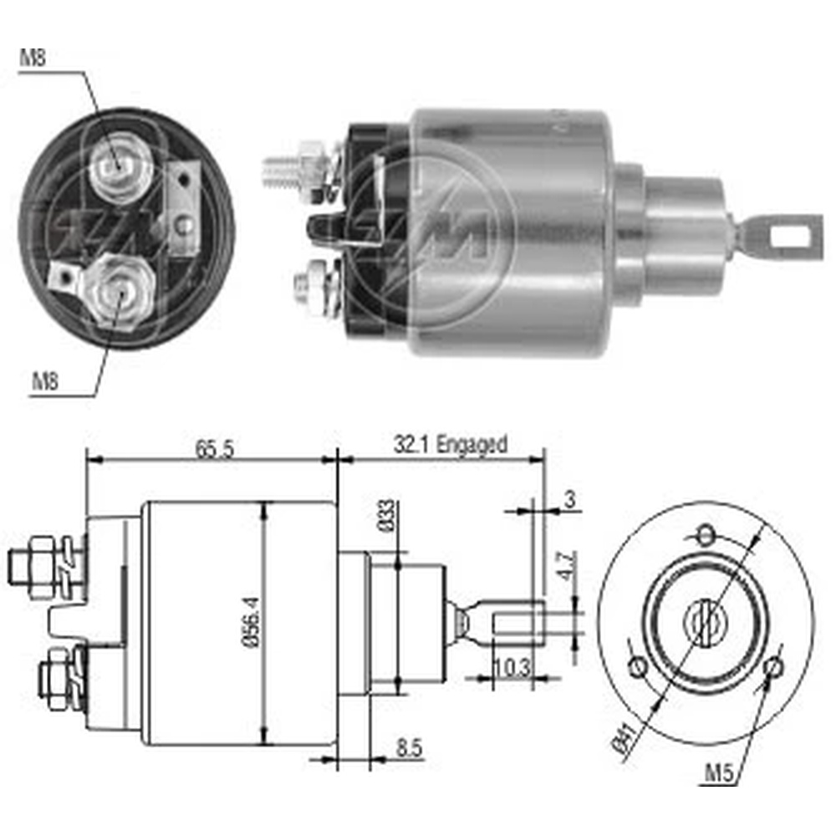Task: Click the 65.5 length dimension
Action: pyautogui.click(x=214, y=448)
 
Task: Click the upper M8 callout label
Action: pyautogui.click(x=33, y=59)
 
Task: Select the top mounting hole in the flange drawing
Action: pyautogui.click(x=706, y=533)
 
